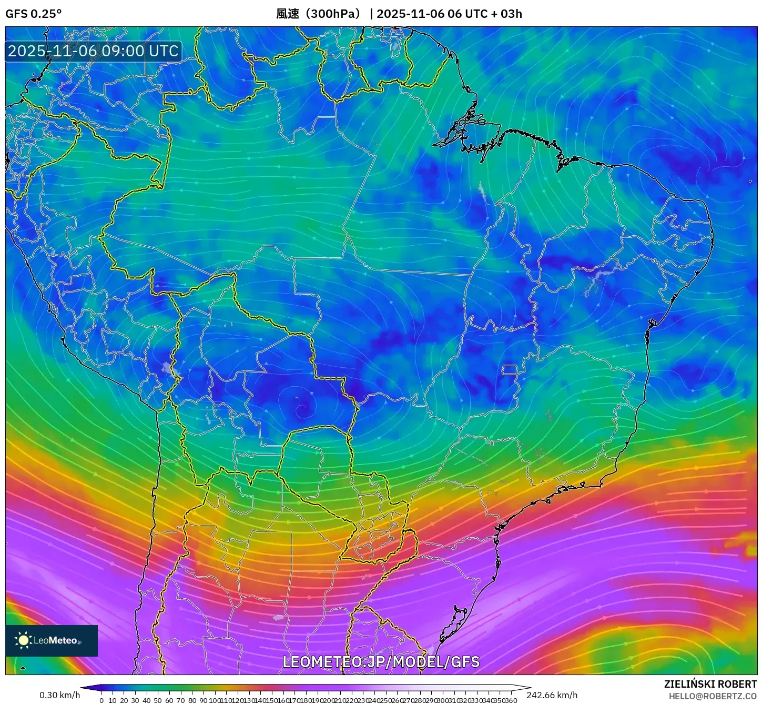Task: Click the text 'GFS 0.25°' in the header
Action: click(33, 14)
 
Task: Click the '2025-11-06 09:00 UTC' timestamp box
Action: click(93, 51)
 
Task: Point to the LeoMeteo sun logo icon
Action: click(23, 640)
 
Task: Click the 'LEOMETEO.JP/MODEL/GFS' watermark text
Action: click(381, 661)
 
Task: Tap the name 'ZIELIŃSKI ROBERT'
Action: click(710, 684)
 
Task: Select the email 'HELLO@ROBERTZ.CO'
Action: click(713, 696)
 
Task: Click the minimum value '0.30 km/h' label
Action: click(59, 695)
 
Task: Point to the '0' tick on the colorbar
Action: click(101, 700)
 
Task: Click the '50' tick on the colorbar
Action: click(158, 700)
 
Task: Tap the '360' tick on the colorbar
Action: click(511, 700)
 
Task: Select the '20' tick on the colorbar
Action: click(124, 700)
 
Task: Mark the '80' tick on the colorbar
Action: click(192, 700)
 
